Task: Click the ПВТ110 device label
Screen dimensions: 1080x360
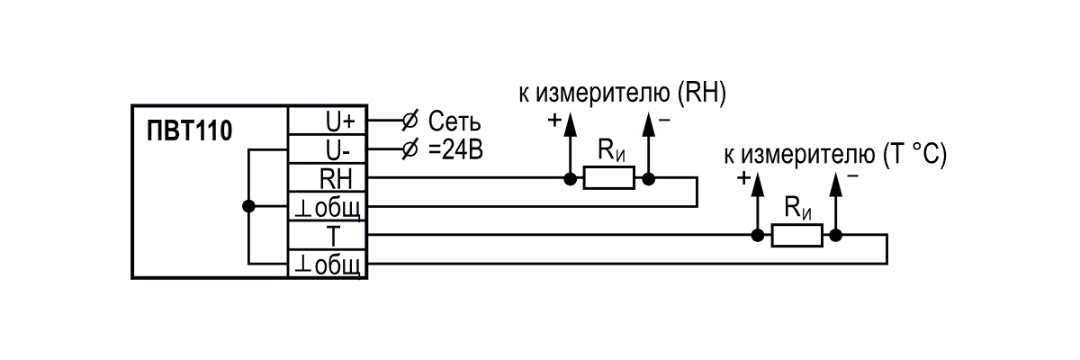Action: (189, 130)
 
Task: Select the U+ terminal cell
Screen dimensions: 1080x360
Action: (328, 121)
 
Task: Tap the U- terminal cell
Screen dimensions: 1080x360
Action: (328, 149)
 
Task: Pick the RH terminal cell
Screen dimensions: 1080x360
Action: (328, 178)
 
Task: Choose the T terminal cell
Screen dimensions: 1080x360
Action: (328, 236)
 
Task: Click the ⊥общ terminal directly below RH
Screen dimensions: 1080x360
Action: (328, 207)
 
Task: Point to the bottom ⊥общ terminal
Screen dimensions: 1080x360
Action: (328, 264)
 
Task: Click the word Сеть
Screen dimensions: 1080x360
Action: (454, 121)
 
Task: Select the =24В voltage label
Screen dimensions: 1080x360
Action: (455, 150)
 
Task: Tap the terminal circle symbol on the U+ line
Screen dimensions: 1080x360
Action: (409, 121)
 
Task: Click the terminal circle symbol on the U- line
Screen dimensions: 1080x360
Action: (409, 149)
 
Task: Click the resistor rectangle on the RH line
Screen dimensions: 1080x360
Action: (609, 178)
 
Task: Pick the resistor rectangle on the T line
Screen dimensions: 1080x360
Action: (797, 236)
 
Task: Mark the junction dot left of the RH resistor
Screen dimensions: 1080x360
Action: (570, 179)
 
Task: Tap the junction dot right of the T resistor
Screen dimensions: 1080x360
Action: (835, 236)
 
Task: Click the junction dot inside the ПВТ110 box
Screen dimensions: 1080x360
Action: (248, 206)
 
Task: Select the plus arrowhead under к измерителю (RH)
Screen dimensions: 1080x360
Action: (570, 124)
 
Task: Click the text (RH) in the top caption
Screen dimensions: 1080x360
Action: (701, 93)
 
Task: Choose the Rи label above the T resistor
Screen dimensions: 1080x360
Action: (798, 208)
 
